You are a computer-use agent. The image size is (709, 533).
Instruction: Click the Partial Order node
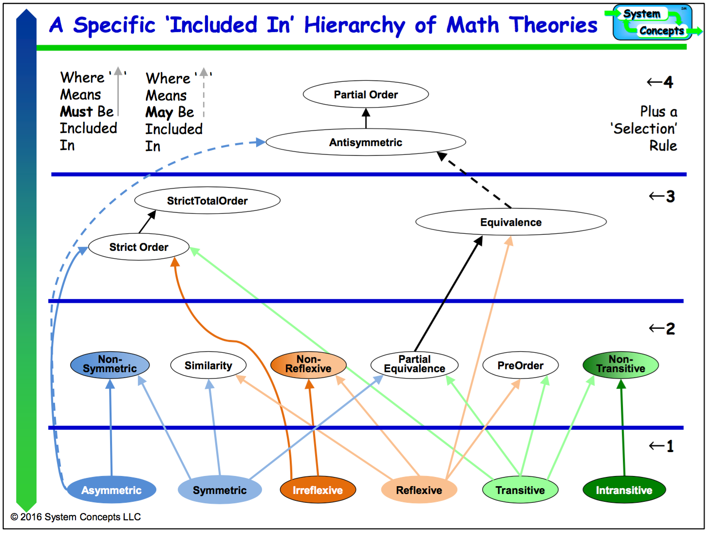pyautogui.click(x=366, y=95)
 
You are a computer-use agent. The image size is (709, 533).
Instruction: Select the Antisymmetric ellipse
pyautogui.click(x=366, y=142)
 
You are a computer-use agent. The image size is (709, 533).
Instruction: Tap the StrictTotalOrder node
pyautogui.click(x=207, y=201)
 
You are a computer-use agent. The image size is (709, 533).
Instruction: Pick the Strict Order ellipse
pyautogui.click(x=139, y=247)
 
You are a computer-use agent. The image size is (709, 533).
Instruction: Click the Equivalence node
pyautogui.click(x=511, y=222)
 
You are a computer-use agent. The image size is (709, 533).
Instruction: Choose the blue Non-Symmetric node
pyautogui.click(x=110, y=365)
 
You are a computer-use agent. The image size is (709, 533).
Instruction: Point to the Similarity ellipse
pyautogui.click(x=208, y=365)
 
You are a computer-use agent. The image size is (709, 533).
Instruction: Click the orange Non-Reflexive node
pyautogui.click(x=308, y=365)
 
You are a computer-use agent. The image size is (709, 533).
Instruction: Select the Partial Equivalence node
pyautogui.click(x=414, y=365)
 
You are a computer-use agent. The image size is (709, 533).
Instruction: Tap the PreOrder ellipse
pyautogui.click(x=520, y=365)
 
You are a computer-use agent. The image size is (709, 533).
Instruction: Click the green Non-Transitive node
pyautogui.click(x=620, y=365)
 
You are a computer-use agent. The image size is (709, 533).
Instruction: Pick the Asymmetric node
pyautogui.click(x=112, y=490)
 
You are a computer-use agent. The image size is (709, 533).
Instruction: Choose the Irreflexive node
pyautogui.click(x=317, y=490)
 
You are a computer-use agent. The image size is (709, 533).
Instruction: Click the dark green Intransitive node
pyautogui.click(x=624, y=490)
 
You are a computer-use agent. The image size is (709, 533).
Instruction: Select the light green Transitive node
pyautogui.click(x=520, y=490)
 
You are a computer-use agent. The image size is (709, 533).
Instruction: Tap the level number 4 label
pyautogui.click(x=668, y=82)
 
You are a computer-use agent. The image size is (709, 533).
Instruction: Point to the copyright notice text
pyautogui.click(x=75, y=517)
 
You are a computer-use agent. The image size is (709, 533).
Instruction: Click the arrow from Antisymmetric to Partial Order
pyautogui.click(x=366, y=118)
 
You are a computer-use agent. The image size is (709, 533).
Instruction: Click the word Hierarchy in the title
pyautogui.click(x=354, y=25)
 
